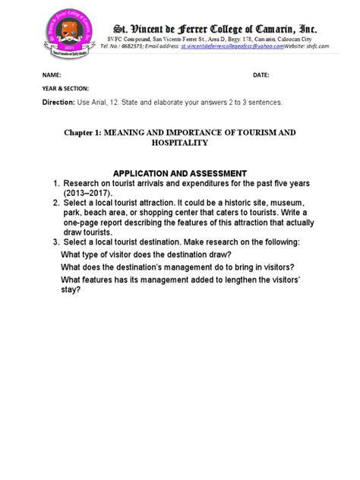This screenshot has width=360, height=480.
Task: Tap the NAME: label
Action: point(52,76)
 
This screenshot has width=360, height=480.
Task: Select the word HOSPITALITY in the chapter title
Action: point(179,143)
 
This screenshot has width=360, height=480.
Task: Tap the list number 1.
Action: point(55,185)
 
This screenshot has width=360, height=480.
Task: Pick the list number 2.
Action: point(55,204)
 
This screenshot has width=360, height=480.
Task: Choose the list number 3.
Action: point(55,242)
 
